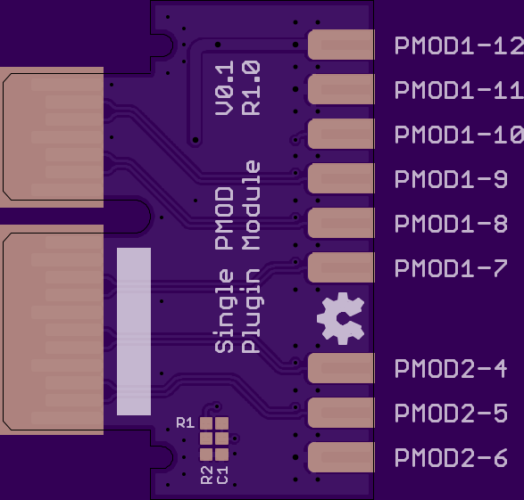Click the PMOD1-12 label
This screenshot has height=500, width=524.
[x=459, y=45]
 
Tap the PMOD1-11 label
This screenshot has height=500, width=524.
[x=459, y=90]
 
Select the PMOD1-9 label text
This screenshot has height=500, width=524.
[x=451, y=179]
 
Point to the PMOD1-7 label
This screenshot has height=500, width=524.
[x=451, y=268]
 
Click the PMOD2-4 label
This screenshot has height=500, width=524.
[x=451, y=369]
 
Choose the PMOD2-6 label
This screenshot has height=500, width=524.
[x=451, y=457]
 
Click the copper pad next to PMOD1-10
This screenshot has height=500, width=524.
[x=341, y=134]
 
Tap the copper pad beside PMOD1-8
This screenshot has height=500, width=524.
[x=341, y=223]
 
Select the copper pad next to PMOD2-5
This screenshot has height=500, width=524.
[x=341, y=413]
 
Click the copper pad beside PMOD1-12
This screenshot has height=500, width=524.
[x=341, y=45]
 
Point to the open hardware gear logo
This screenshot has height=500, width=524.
[x=341, y=318]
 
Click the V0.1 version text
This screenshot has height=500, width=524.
[x=224, y=88]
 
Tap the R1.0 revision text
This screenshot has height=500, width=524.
[x=251, y=88]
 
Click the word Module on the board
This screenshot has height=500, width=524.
[x=251, y=205]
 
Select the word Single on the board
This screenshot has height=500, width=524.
[x=224, y=311]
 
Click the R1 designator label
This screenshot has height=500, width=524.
[x=185, y=423]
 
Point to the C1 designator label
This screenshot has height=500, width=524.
[x=222, y=475]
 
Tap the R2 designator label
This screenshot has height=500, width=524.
[x=206, y=475]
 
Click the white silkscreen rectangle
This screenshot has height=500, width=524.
[x=134, y=332]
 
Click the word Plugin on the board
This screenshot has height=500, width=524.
[x=253, y=311]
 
